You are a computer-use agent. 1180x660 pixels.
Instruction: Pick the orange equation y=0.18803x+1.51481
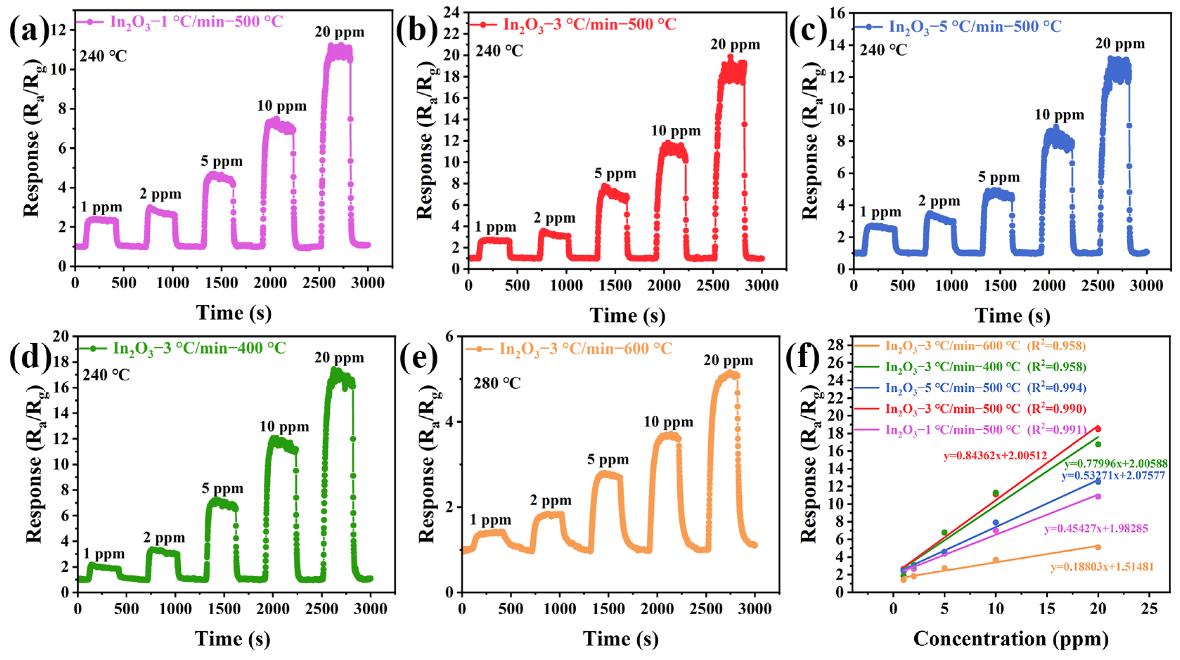[1102, 567]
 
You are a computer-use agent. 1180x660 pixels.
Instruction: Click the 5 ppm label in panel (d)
[222, 489]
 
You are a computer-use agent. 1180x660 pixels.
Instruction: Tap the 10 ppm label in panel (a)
[281, 106]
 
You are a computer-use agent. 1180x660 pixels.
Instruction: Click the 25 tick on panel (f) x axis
[1149, 609]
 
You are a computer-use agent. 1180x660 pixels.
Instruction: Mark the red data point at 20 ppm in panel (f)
[1098, 429]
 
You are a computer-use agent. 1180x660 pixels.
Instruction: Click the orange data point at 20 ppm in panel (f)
[1098, 547]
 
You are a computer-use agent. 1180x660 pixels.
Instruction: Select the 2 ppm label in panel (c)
[939, 201]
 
